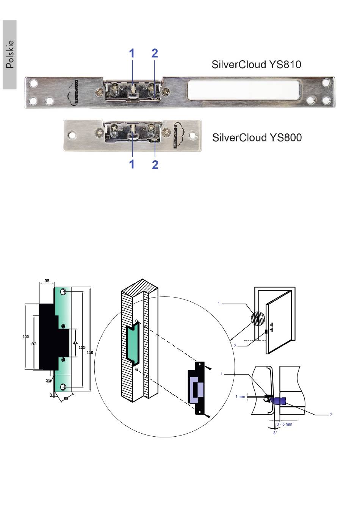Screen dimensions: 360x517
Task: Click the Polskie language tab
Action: (x=10, y=55)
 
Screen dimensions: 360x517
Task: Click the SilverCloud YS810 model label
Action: (x=256, y=64)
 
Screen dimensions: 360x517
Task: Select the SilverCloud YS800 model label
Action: (x=257, y=138)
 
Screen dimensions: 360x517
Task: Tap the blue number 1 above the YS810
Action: (x=131, y=53)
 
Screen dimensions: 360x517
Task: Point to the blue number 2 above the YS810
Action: (x=155, y=53)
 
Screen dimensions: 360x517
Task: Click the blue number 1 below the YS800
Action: (x=131, y=164)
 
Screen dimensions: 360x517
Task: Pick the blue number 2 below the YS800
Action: (x=155, y=164)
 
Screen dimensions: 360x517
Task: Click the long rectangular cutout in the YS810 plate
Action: (x=244, y=90)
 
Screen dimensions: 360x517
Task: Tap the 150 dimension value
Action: (x=90, y=352)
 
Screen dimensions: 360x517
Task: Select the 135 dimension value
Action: (x=82, y=347)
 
